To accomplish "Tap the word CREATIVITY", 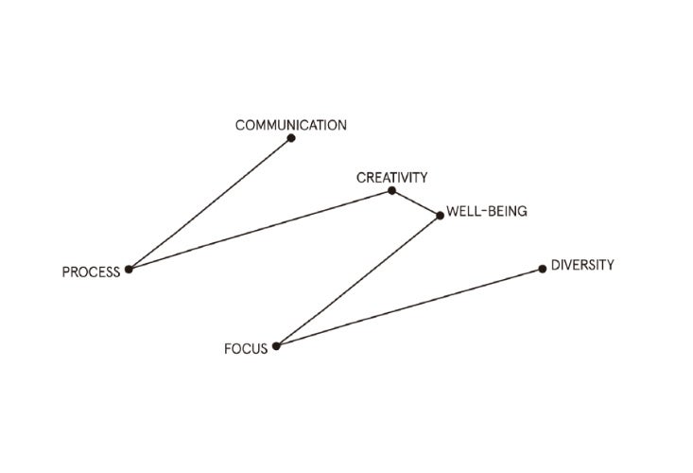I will [392, 177].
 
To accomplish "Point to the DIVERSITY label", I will [582, 265].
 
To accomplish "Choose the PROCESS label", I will [91, 272].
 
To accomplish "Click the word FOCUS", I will [246, 349].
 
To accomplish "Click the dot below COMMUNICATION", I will [291, 138].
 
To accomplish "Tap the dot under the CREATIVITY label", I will [391, 191].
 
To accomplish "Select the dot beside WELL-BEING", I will [440, 216].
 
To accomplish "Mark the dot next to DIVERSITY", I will [542, 269].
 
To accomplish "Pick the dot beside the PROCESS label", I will [129, 270].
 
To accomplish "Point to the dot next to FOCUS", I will [276, 346].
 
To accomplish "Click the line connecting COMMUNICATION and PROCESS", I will [210, 203].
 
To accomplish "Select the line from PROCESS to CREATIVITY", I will [260, 230].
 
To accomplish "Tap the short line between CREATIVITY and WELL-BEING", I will [416, 203].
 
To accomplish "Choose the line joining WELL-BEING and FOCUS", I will [357, 281].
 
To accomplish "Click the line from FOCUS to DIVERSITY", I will [408, 307].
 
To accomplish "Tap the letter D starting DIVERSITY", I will [555, 265].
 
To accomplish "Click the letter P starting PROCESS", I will [66, 272].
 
